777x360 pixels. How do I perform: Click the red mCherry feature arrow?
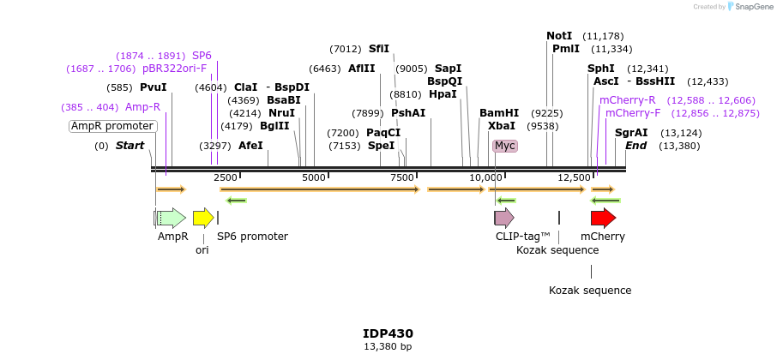603,218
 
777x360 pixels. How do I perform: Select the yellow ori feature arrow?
203,218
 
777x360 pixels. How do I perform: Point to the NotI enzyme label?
559,36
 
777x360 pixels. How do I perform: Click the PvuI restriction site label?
154,87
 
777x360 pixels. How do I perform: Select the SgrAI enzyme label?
631,133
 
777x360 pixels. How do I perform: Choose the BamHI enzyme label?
499,113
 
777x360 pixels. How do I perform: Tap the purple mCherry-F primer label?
633,113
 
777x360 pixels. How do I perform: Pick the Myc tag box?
505,146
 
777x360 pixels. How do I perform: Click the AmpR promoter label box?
113,126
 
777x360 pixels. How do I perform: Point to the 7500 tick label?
403,177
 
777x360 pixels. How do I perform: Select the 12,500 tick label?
574,177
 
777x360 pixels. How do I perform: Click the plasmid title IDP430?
388,333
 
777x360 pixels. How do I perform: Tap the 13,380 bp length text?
388,347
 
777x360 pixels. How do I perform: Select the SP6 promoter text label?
252,237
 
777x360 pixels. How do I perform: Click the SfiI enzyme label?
379,49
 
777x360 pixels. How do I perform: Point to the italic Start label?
129,146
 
